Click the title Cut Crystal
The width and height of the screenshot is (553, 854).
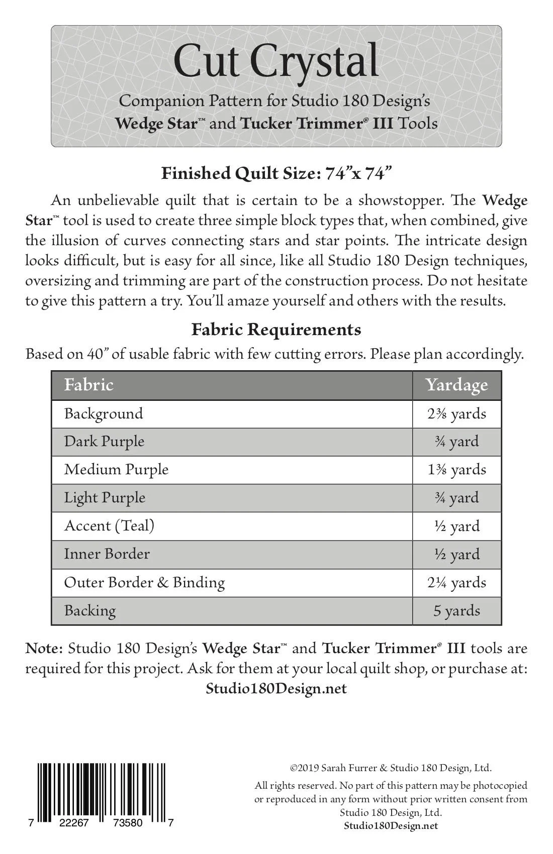(275, 61)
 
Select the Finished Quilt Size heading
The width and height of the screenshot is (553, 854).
(276, 173)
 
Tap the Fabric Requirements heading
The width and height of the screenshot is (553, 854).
(276, 330)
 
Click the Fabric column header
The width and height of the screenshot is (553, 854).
(88, 385)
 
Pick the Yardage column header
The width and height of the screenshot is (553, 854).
(456, 385)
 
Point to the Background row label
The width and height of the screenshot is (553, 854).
(104, 414)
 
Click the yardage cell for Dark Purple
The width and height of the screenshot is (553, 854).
(456, 442)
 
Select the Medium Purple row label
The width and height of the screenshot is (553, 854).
(116, 470)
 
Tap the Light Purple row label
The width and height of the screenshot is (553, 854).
(105, 498)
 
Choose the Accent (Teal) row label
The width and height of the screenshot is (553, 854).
(109, 526)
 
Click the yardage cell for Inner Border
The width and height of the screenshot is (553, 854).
(456, 554)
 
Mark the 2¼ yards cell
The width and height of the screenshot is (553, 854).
(456, 583)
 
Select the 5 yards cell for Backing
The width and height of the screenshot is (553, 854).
(456, 611)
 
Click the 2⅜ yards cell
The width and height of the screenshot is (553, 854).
(456, 414)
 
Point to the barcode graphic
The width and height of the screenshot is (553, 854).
(102, 793)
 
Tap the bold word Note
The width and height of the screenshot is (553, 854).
(44, 649)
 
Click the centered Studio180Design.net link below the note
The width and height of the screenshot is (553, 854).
(276, 688)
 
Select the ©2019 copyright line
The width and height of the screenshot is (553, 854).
(391, 768)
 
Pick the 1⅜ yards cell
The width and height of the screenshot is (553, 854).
(456, 470)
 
